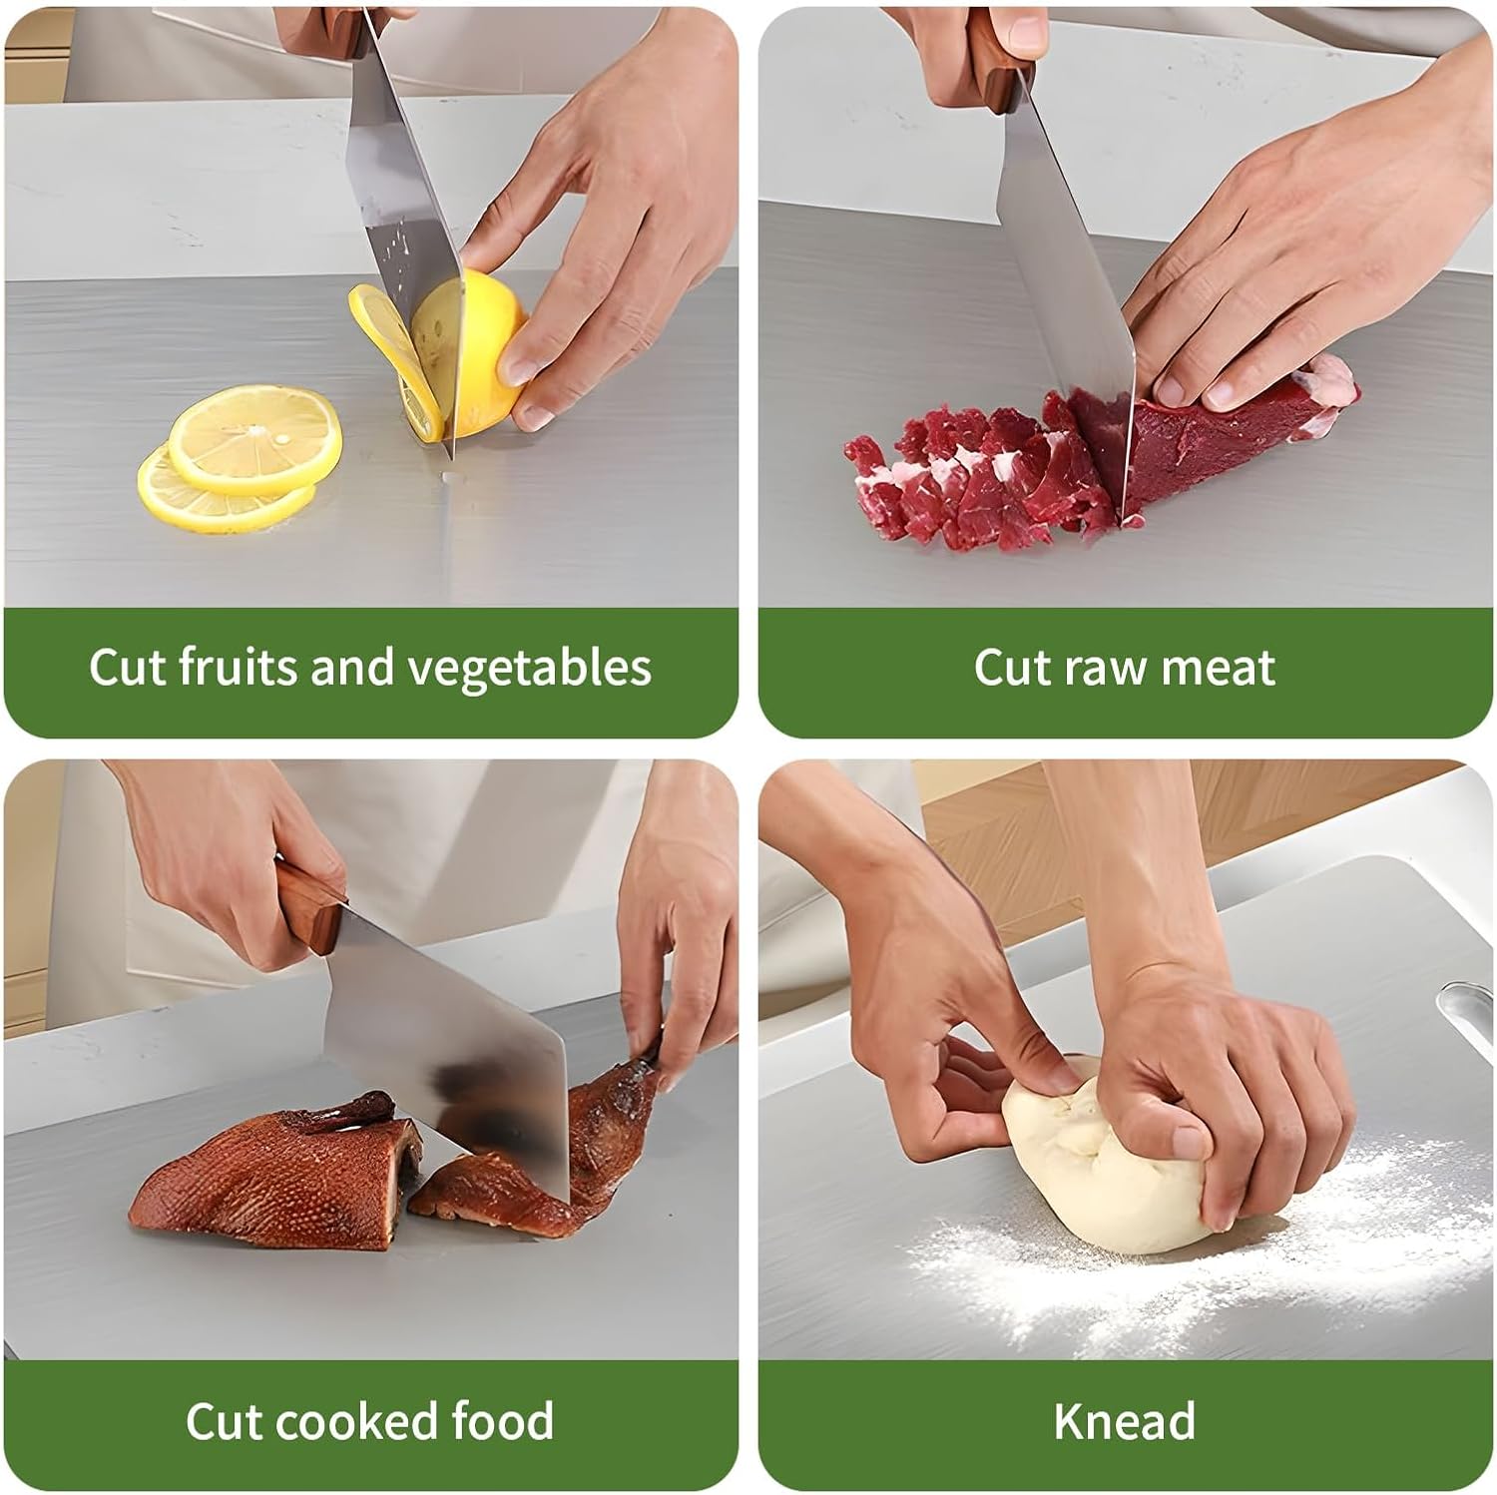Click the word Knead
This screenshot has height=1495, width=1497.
(1125, 1421)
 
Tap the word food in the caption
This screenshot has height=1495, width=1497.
(503, 1420)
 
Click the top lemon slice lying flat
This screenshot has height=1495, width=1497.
(255, 438)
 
